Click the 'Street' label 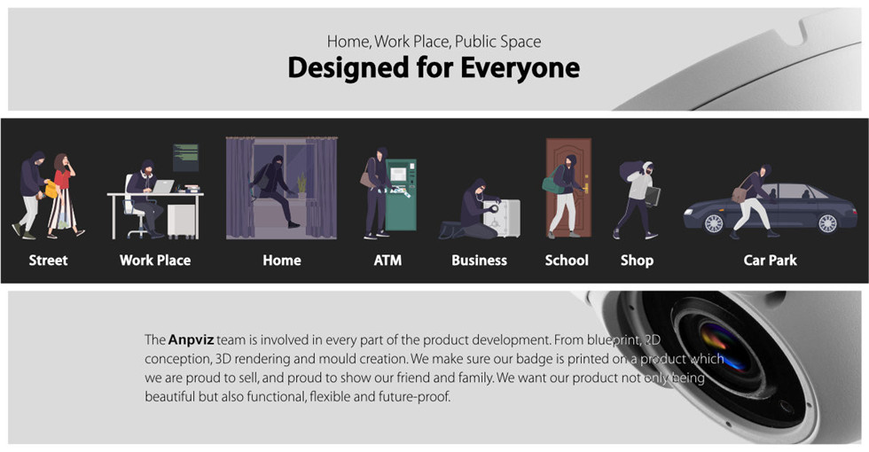[x=48, y=261]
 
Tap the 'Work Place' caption [x=155, y=261]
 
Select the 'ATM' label [x=388, y=261]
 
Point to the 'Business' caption [x=480, y=261]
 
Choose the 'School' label [x=567, y=261]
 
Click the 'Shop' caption [x=637, y=261]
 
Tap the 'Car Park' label [x=771, y=261]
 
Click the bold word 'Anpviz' [x=191, y=339]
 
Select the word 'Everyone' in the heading [x=520, y=68]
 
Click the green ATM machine [x=401, y=195]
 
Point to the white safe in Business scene [x=502, y=218]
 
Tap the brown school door [x=568, y=187]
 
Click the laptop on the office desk [x=163, y=187]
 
